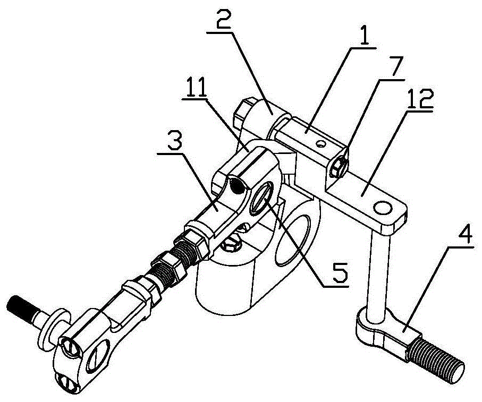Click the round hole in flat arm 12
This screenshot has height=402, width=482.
(382, 205)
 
